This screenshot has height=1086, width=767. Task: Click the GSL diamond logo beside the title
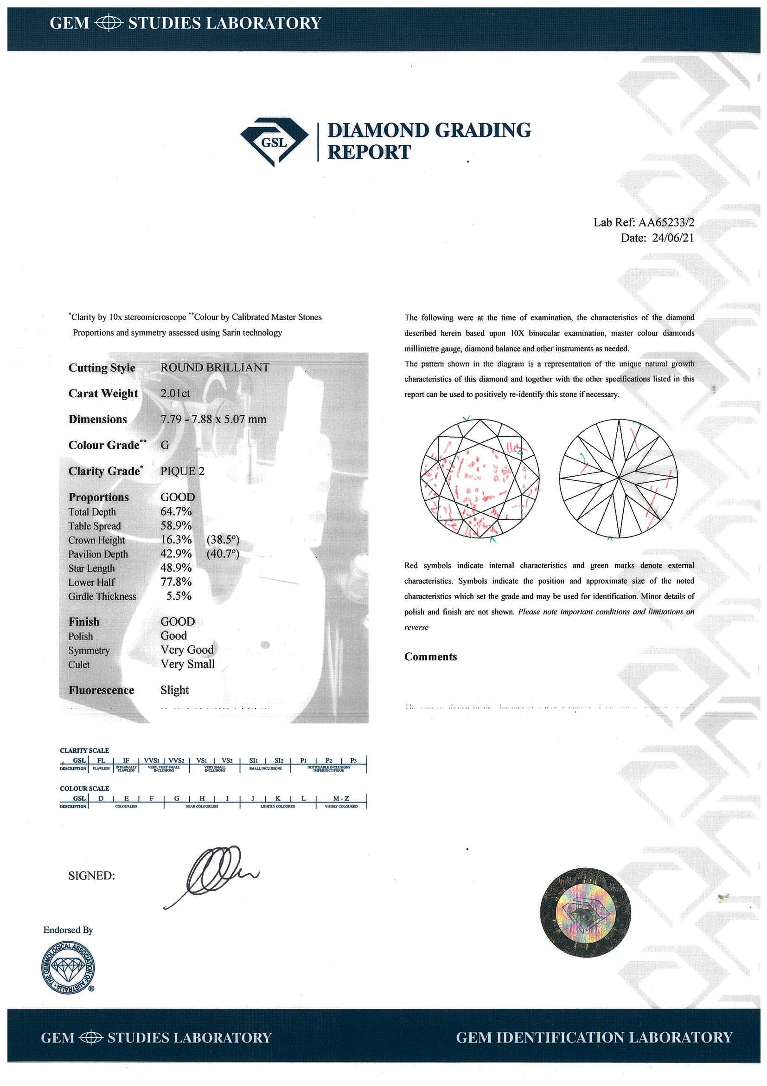[274, 141]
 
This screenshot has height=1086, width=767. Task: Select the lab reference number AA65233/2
[666, 222]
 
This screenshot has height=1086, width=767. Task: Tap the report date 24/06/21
[672, 238]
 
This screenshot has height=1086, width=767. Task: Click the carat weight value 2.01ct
[175, 394]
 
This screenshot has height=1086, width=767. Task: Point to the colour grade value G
[165, 445]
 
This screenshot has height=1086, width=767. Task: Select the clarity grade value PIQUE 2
[182, 471]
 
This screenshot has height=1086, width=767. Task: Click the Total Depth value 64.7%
[176, 511]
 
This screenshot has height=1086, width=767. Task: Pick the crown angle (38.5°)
[223, 540]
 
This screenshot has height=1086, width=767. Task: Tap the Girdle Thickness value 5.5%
[179, 596]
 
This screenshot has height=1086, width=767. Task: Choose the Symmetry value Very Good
[187, 650]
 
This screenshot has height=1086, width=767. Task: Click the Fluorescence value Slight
[174, 690]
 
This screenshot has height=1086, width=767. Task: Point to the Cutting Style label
[102, 368]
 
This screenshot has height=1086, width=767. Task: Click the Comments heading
[430, 657]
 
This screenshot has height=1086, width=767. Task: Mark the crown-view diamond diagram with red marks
[479, 478]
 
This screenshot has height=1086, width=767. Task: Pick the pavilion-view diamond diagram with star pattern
[618, 478]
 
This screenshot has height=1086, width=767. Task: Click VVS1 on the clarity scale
[151, 761]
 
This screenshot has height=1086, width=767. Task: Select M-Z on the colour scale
[341, 798]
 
